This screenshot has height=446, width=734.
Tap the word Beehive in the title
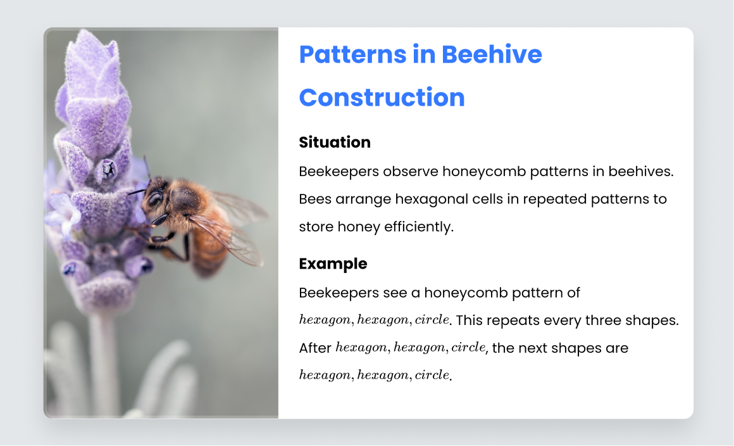pos(492,54)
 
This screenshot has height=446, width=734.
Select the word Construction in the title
pos(382,98)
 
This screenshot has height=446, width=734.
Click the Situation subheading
pos(335,143)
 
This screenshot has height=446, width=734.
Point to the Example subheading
pos(333,264)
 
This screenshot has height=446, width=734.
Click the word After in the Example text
pos(315,348)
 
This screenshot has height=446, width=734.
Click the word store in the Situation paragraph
pos(316,227)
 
